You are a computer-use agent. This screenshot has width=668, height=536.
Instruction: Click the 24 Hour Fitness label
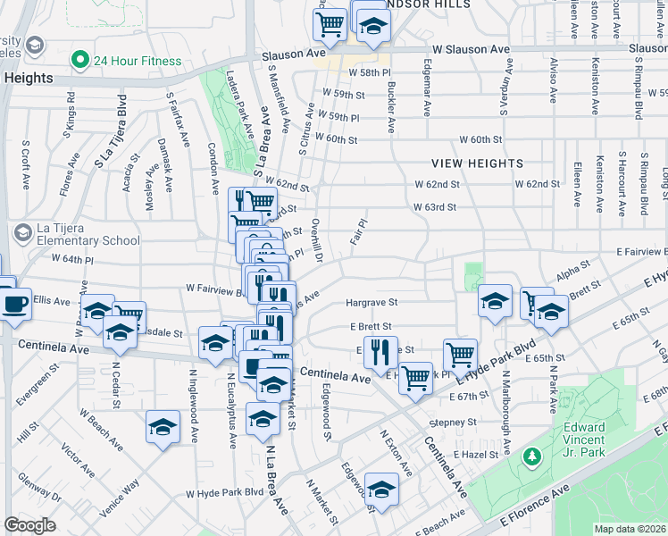[138, 61]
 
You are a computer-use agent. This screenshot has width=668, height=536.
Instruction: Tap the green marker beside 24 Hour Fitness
[79, 61]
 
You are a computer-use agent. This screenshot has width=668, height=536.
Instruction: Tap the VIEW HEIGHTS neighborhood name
[477, 163]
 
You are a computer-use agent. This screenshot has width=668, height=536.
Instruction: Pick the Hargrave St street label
[371, 303]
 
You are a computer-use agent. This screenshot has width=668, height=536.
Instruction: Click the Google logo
[30, 525]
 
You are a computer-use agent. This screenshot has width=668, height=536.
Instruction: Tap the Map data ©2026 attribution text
[630, 529]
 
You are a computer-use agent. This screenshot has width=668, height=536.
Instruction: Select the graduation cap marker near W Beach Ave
[163, 427]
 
